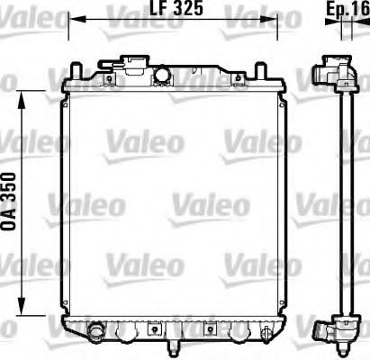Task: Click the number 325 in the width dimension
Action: (185, 8)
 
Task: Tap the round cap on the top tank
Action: (164, 74)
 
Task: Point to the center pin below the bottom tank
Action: (174, 346)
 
